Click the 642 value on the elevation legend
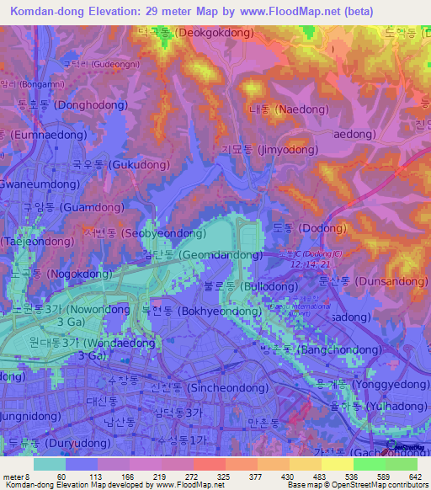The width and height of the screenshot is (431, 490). (413, 477)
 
